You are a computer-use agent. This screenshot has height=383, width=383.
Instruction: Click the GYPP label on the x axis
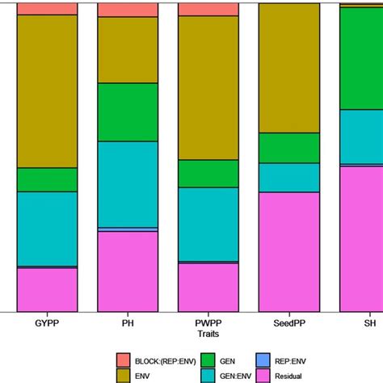point(47,322)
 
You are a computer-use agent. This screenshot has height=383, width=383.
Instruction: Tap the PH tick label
point(128,322)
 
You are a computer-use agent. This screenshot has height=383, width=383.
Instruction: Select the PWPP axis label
point(208,322)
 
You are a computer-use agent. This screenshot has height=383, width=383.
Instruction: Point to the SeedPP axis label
point(288,322)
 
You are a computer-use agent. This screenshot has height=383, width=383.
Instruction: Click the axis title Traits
point(208,332)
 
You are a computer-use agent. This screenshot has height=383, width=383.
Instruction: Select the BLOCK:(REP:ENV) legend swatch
point(124,359)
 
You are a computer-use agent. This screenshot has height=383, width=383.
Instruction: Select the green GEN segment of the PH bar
point(128,112)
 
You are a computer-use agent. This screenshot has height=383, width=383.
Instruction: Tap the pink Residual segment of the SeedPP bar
point(288,251)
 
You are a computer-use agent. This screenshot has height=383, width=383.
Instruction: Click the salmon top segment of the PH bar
point(128,10)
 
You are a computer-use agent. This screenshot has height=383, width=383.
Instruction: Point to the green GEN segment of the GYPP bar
point(47,179)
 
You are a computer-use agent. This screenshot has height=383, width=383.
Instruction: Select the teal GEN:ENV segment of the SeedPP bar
point(288,177)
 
